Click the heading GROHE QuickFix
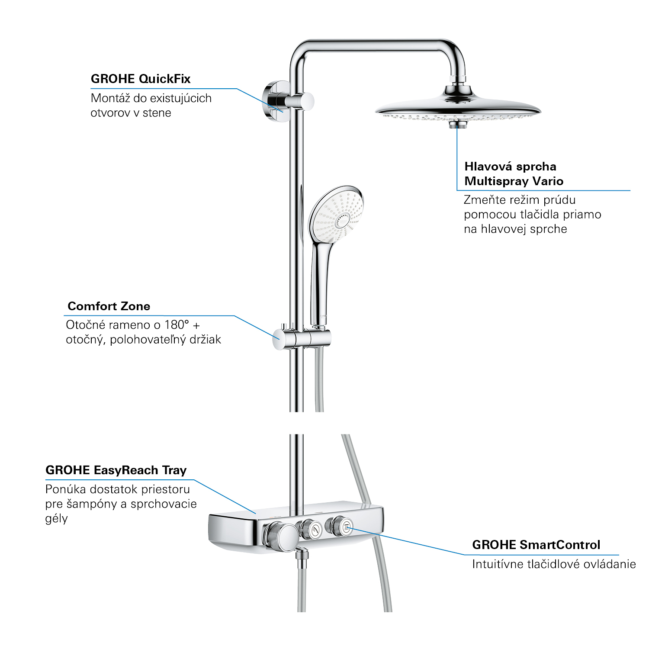click(140, 79)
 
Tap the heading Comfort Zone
click(109, 306)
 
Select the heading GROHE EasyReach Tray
click(116, 470)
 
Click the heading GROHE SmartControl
click(536, 545)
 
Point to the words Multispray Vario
click(514, 181)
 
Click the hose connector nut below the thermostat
click(302, 554)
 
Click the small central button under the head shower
click(457, 125)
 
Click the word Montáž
click(110, 98)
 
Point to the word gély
click(56, 518)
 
